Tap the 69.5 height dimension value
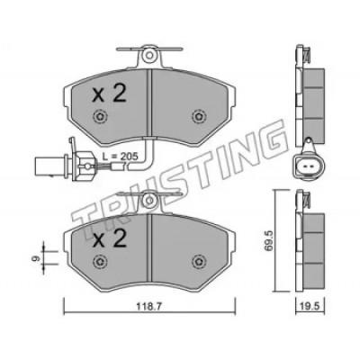click(269, 240)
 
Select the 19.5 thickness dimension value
click(310, 307)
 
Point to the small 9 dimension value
click(36, 257)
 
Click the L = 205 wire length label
click(120, 156)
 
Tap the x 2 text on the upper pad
click(109, 94)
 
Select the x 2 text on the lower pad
click(109, 238)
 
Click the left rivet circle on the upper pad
click(100, 116)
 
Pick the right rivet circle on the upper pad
click(199, 116)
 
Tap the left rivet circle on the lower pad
click(100, 262)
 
